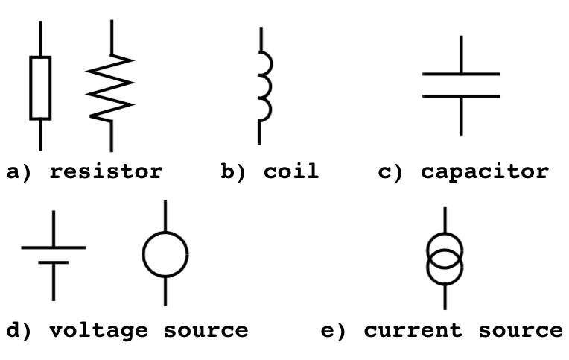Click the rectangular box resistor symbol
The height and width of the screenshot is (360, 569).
click(40, 87)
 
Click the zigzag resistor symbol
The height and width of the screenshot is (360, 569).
click(110, 87)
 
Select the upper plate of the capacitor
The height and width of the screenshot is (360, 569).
click(461, 74)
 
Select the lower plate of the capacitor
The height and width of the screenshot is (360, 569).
click(461, 96)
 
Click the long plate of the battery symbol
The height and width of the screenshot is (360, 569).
click(53, 247)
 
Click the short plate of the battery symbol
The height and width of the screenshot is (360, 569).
click(53, 262)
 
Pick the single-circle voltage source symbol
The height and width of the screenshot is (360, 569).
click(165, 254)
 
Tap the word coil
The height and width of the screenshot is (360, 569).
click(290, 172)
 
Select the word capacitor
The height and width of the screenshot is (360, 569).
click(484, 172)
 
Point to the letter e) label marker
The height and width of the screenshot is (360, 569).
click(333, 330)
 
